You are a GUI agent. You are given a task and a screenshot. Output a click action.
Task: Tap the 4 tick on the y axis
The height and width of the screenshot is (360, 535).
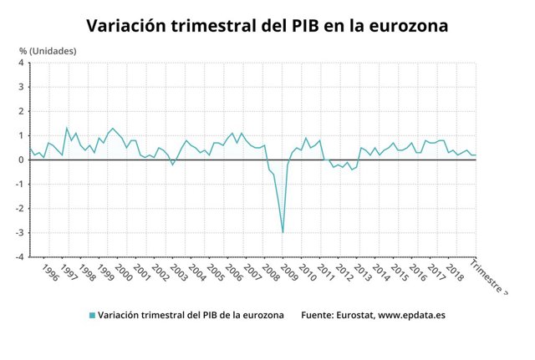pyautogui.click(x=23, y=63)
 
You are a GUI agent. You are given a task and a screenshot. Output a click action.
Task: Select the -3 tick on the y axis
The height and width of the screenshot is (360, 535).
pyautogui.click(x=21, y=233)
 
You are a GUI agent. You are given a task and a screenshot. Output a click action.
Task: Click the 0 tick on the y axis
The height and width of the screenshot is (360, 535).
pyautogui.click(x=23, y=160)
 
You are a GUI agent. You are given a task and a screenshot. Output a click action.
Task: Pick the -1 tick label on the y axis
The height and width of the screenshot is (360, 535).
pyautogui.click(x=21, y=185)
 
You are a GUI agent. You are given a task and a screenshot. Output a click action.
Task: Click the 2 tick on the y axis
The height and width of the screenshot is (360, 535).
pyautogui.click(x=23, y=111)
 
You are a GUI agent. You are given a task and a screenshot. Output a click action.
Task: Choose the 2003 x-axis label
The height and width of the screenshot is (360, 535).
pyautogui.click(x=179, y=273)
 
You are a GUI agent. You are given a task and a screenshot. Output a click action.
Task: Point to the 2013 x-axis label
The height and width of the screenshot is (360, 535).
pyautogui.click(x=362, y=273)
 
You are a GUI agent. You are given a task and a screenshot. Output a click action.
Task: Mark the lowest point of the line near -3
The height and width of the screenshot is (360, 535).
pyautogui.click(x=283, y=232)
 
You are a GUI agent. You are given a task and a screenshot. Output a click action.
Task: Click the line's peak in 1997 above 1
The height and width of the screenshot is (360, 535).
pyautogui.click(x=67, y=128)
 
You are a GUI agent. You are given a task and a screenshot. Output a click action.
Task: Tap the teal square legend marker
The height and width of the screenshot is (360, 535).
pyautogui.click(x=91, y=316)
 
